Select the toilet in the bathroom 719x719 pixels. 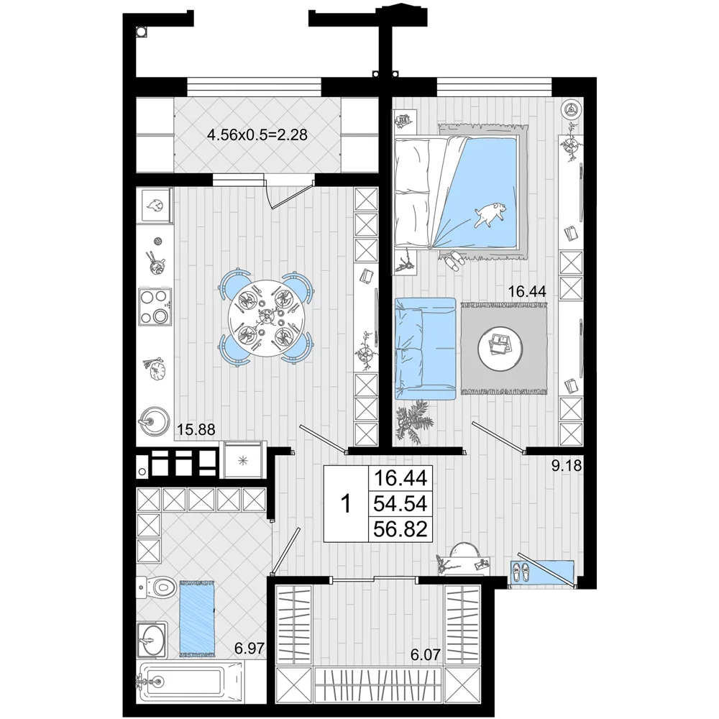pos(157,587)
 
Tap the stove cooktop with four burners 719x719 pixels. pos(155,306)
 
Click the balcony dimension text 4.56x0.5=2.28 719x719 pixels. pos(257,135)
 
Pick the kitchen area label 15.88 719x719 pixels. pos(196,430)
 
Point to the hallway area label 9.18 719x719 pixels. pos(567,466)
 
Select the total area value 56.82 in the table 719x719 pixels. pos(400,528)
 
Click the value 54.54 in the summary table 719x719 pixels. pos(400,503)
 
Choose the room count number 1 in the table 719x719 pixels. pos(347,504)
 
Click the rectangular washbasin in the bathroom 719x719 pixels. pos(151,638)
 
